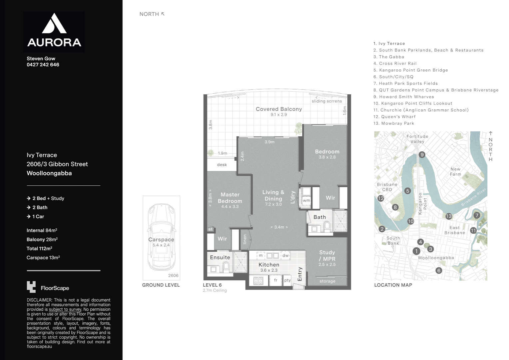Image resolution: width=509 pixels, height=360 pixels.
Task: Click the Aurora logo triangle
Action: tap(54, 24)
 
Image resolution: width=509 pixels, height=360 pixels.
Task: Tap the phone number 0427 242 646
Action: tap(43, 65)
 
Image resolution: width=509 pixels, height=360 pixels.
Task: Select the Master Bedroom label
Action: tap(230, 198)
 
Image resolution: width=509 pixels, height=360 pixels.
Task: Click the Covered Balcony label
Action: tap(279, 109)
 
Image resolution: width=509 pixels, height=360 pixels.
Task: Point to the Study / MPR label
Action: tap(327, 256)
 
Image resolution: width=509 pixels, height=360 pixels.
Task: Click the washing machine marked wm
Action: tap(306, 200)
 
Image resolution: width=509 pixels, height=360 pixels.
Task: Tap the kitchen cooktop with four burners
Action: tap(258, 281)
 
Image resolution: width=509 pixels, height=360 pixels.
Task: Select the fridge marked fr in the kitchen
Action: tap(275, 280)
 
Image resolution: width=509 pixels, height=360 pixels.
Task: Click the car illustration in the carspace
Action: tap(161, 237)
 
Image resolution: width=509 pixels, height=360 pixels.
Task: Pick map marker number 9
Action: tap(422, 155)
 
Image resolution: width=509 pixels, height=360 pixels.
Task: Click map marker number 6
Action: tap(439, 270)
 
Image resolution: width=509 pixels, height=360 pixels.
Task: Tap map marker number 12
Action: tap(381, 198)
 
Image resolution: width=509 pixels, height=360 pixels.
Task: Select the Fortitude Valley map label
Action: tap(417, 139)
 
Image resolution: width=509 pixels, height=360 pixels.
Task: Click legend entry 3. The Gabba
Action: tap(389, 57)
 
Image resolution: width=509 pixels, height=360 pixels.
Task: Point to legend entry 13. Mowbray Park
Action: tap(394, 123)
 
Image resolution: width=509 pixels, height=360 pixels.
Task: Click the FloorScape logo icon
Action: tap(31, 287)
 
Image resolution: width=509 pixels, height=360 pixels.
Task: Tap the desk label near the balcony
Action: tap(222, 165)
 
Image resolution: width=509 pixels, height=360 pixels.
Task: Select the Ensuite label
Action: tap(220, 257)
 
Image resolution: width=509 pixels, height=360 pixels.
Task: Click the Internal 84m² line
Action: tap(42, 230)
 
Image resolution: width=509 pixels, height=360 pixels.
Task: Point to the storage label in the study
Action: tap(327, 281)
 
